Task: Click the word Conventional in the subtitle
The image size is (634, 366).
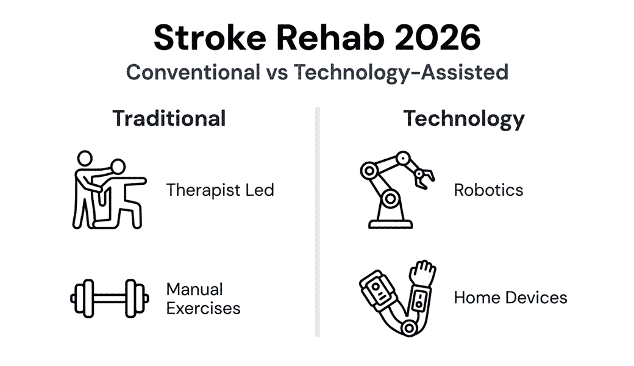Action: tap(192, 72)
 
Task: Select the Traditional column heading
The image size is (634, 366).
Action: tap(169, 118)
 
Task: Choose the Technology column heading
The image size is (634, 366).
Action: tap(463, 118)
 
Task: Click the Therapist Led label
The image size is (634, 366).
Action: tap(220, 190)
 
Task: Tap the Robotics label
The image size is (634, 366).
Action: tap(488, 190)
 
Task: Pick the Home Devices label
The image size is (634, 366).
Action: tap(510, 298)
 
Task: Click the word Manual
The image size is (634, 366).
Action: tap(194, 289)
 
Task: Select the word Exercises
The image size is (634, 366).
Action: tap(203, 308)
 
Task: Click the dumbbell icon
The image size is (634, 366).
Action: tap(110, 298)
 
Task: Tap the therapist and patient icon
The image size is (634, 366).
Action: tap(107, 190)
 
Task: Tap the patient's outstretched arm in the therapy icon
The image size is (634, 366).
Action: tap(134, 181)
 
